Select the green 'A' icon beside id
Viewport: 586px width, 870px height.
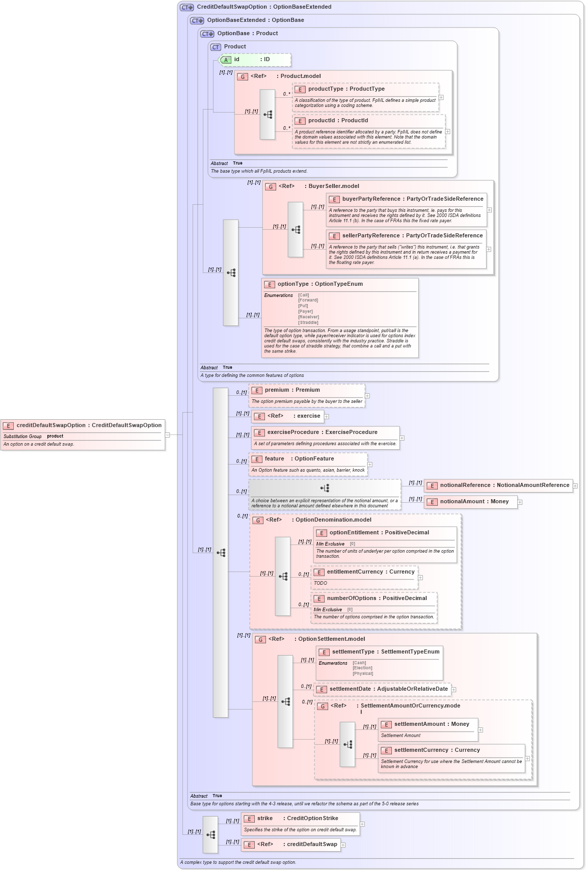coord(226,60)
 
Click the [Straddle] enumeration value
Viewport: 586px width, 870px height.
coord(308,322)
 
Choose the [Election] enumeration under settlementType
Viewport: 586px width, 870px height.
coord(362,668)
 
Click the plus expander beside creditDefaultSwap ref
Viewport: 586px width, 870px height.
coord(343,845)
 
